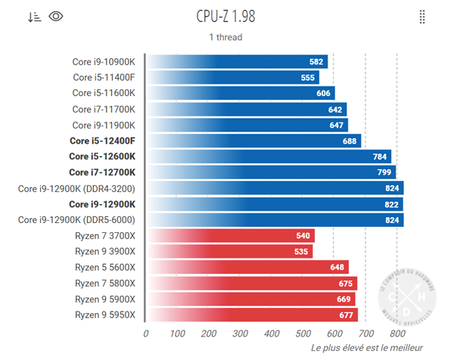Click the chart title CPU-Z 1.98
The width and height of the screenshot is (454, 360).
pyautogui.click(x=226, y=17)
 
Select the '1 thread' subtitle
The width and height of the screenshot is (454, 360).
pyautogui.click(x=225, y=37)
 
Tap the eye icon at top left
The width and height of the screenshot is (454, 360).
pyautogui.click(x=55, y=17)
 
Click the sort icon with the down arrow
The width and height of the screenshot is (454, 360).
pyautogui.click(x=34, y=17)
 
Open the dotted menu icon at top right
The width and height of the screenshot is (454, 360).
pyautogui.click(x=422, y=17)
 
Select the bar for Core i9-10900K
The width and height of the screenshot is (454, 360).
pyautogui.click(x=236, y=61)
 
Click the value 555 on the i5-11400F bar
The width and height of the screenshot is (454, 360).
pyautogui.click(x=307, y=77)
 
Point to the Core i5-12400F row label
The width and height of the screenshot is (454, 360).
pyautogui.click(x=102, y=141)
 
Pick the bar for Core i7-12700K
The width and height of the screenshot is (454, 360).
pyautogui.click(x=270, y=172)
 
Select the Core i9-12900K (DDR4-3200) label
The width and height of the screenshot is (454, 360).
pyautogui.click(x=77, y=188)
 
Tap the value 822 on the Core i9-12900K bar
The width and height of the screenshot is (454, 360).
pyautogui.click(x=390, y=204)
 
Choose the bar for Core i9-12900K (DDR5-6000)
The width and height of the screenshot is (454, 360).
pyautogui.click(x=274, y=220)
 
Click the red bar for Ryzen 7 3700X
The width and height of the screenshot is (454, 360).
pyautogui.click(x=229, y=236)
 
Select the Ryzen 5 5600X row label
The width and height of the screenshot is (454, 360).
pyautogui.click(x=104, y=267)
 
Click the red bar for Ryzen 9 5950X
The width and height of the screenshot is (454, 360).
pyautogui.click(x=251, y=315)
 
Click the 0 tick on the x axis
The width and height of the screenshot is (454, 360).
pyautogui.click(x=146, y=333)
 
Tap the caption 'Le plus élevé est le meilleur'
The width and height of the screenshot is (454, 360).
pyautogui.click(x=361, y=348)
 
